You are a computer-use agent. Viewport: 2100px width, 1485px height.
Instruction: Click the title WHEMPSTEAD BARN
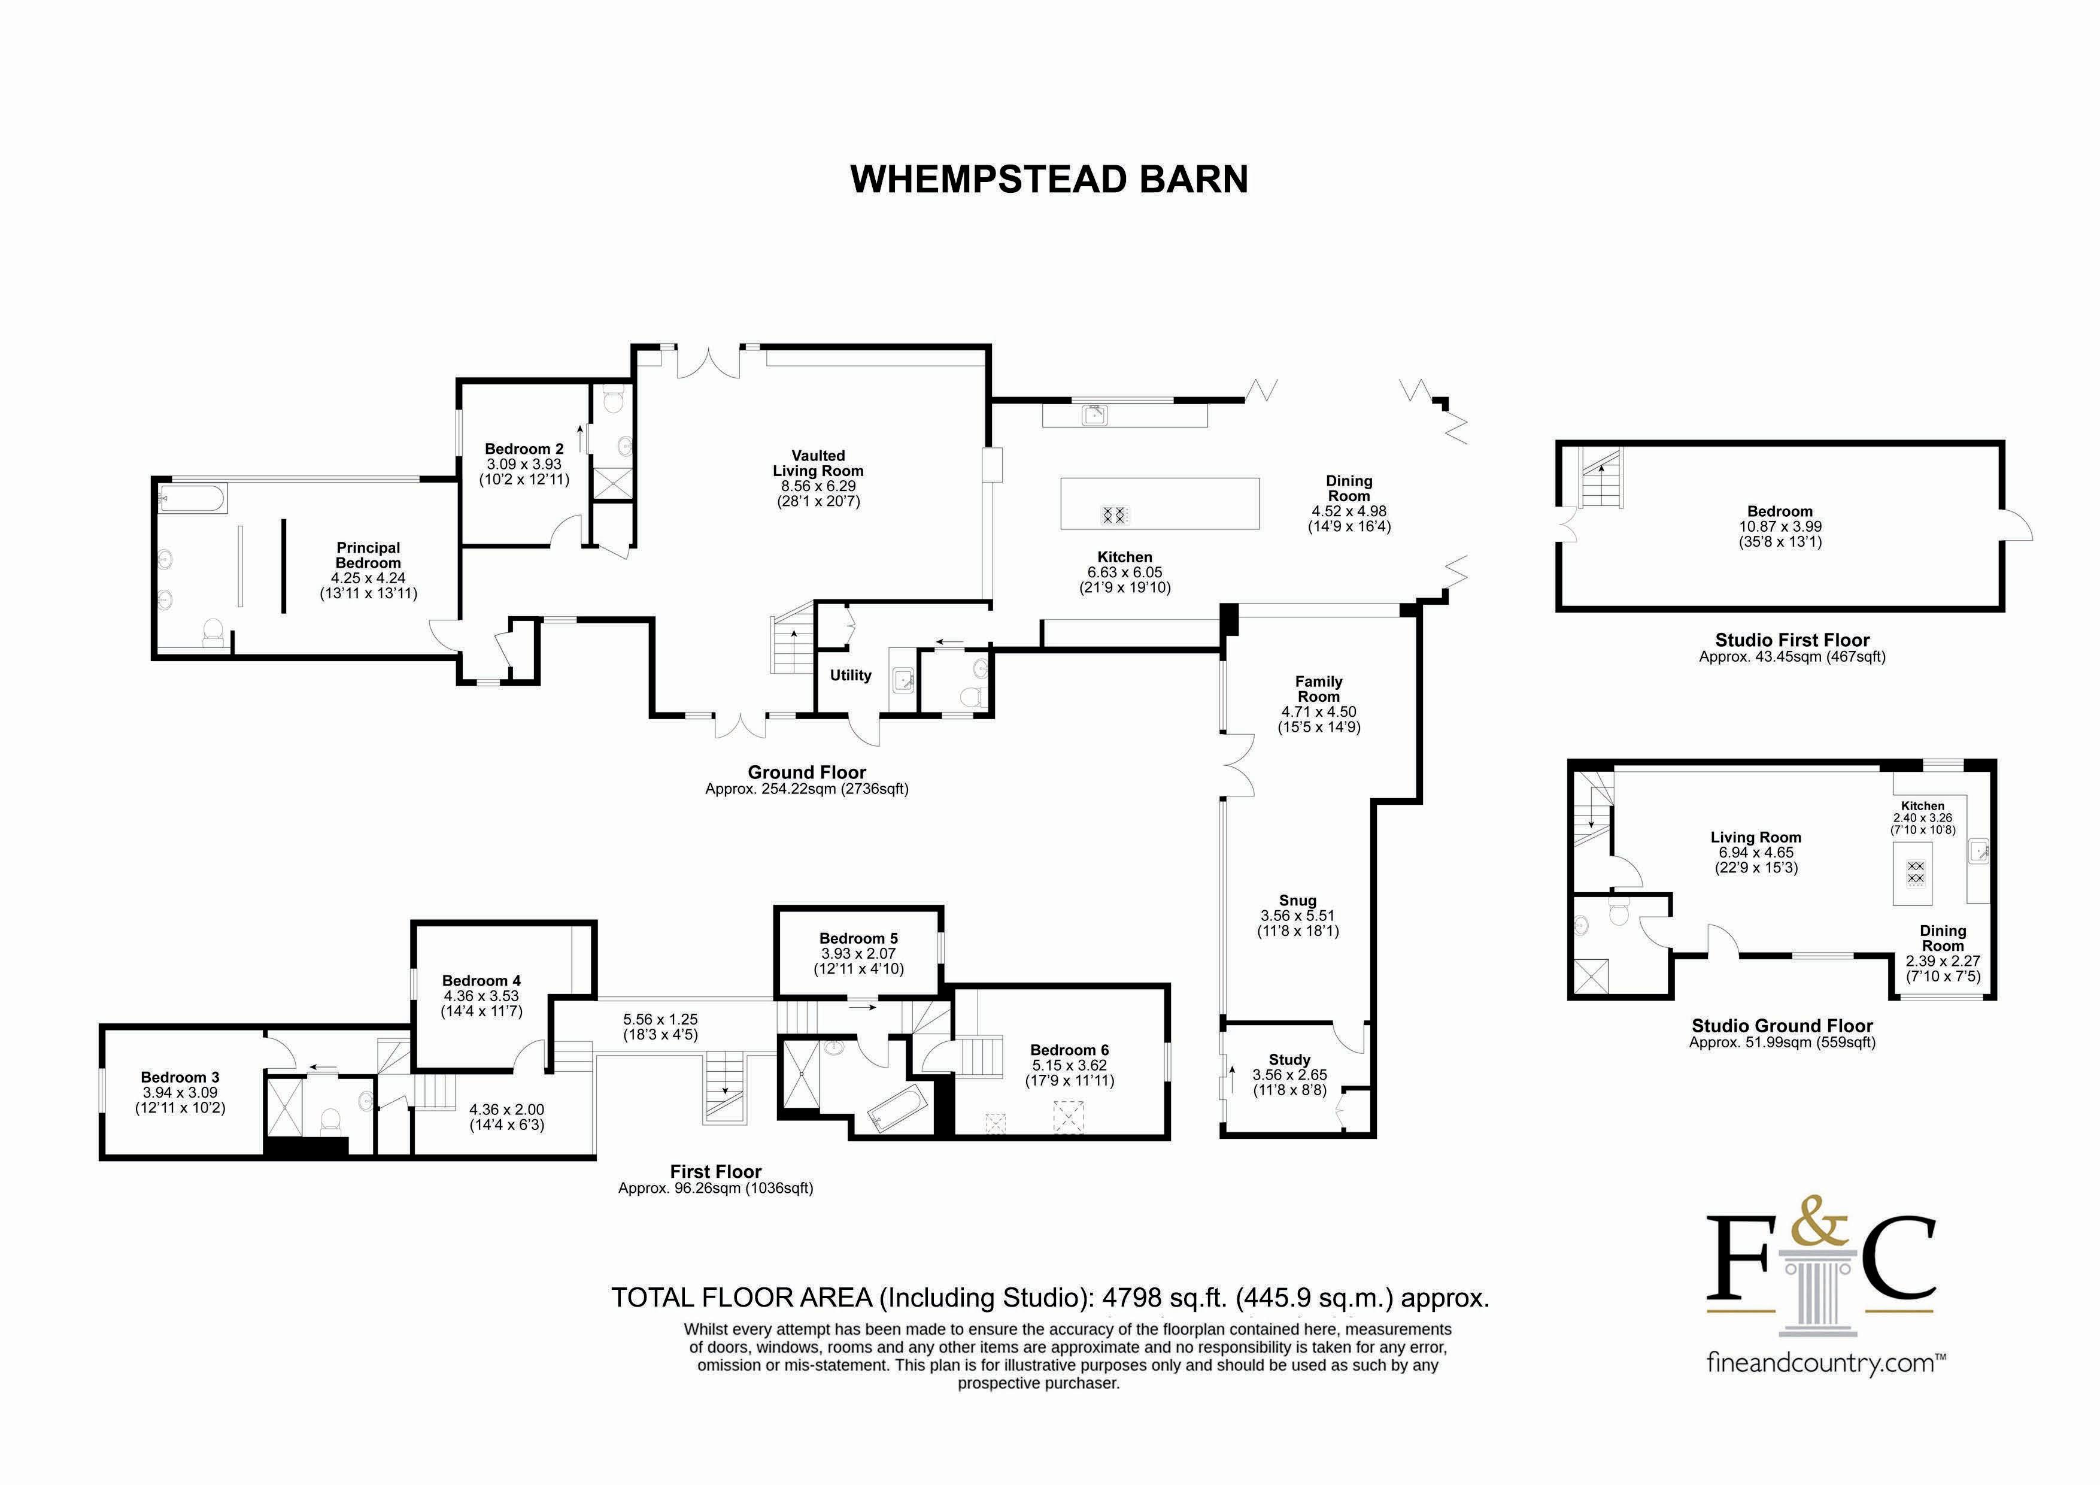tap(1049, 179)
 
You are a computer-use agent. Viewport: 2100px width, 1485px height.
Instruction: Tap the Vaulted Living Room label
tap(818, 463)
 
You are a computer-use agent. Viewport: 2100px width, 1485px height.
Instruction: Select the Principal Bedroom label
tap(368, 556)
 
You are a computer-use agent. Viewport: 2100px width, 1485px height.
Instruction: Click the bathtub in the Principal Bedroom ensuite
tap(192, 499)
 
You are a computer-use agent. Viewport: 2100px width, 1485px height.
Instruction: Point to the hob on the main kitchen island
tap(1114, 514)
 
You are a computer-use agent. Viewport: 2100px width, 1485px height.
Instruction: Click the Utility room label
tap(849, 675)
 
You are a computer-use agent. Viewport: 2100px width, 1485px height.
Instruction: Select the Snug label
tap(1297, 901)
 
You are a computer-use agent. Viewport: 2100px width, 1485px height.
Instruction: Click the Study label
tap(1289, 1059)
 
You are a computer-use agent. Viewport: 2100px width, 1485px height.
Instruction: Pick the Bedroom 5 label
tap(858, 938)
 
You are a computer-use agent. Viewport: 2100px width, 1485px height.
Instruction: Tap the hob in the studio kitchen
tap(1915, 872)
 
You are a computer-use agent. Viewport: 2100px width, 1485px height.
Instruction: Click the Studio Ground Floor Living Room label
tap(1755, 837)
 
